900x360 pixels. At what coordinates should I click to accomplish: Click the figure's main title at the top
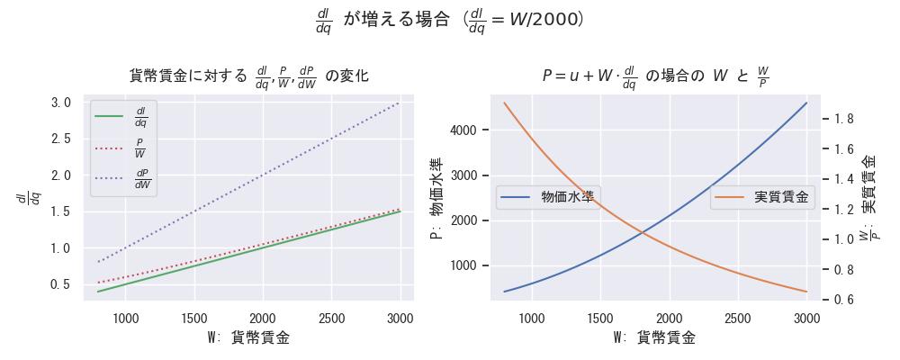pyautogui.click(x=449, y=20)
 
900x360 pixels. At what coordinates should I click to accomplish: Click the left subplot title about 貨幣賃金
pyautogui.click(x=249, y=76)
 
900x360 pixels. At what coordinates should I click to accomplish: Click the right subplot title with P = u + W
pyautogui.click(x=655, y=76)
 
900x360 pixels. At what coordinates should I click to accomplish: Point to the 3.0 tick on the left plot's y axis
pyautogui.click(x=61, y=103)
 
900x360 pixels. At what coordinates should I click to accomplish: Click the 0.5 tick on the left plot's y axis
pyautogui.click(x=61, y=284)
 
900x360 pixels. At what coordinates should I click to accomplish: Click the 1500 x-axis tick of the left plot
pyautogui.click(x=193, y=318)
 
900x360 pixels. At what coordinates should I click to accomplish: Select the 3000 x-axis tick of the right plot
pyautogui.click(x=806, y=318)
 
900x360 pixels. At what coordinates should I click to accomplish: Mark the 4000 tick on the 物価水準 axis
pyautogui.click(x=466, y=130)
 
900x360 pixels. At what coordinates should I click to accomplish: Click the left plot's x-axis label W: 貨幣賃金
pyautogui.click(x=249, y=338)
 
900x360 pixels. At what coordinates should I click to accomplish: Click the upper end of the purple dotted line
pyautogui.click(x=400, y=103)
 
